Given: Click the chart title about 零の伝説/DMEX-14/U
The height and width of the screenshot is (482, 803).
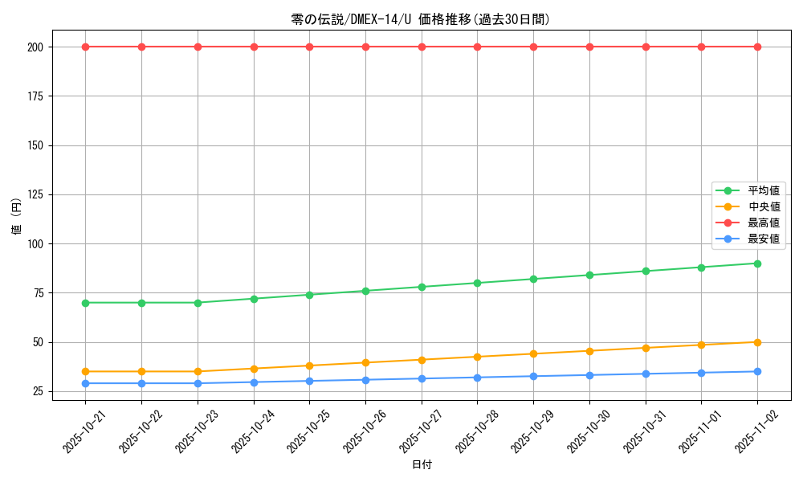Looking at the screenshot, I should [421, 19].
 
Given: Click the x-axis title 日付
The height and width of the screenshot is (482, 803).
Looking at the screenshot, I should [422, 465].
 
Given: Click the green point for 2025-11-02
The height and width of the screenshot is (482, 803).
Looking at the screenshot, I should [757, 263].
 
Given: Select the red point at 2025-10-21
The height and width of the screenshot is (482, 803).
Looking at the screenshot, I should [85, 47].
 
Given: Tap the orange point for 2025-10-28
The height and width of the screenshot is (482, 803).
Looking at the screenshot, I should [477, 357].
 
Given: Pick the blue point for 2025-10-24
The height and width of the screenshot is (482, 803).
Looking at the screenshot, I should [254, 382].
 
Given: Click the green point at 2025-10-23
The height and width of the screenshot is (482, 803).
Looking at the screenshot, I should [198, 303].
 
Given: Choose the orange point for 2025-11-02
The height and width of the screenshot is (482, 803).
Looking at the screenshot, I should [757, 342].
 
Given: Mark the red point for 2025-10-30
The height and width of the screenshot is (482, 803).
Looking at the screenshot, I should [589, 47].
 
